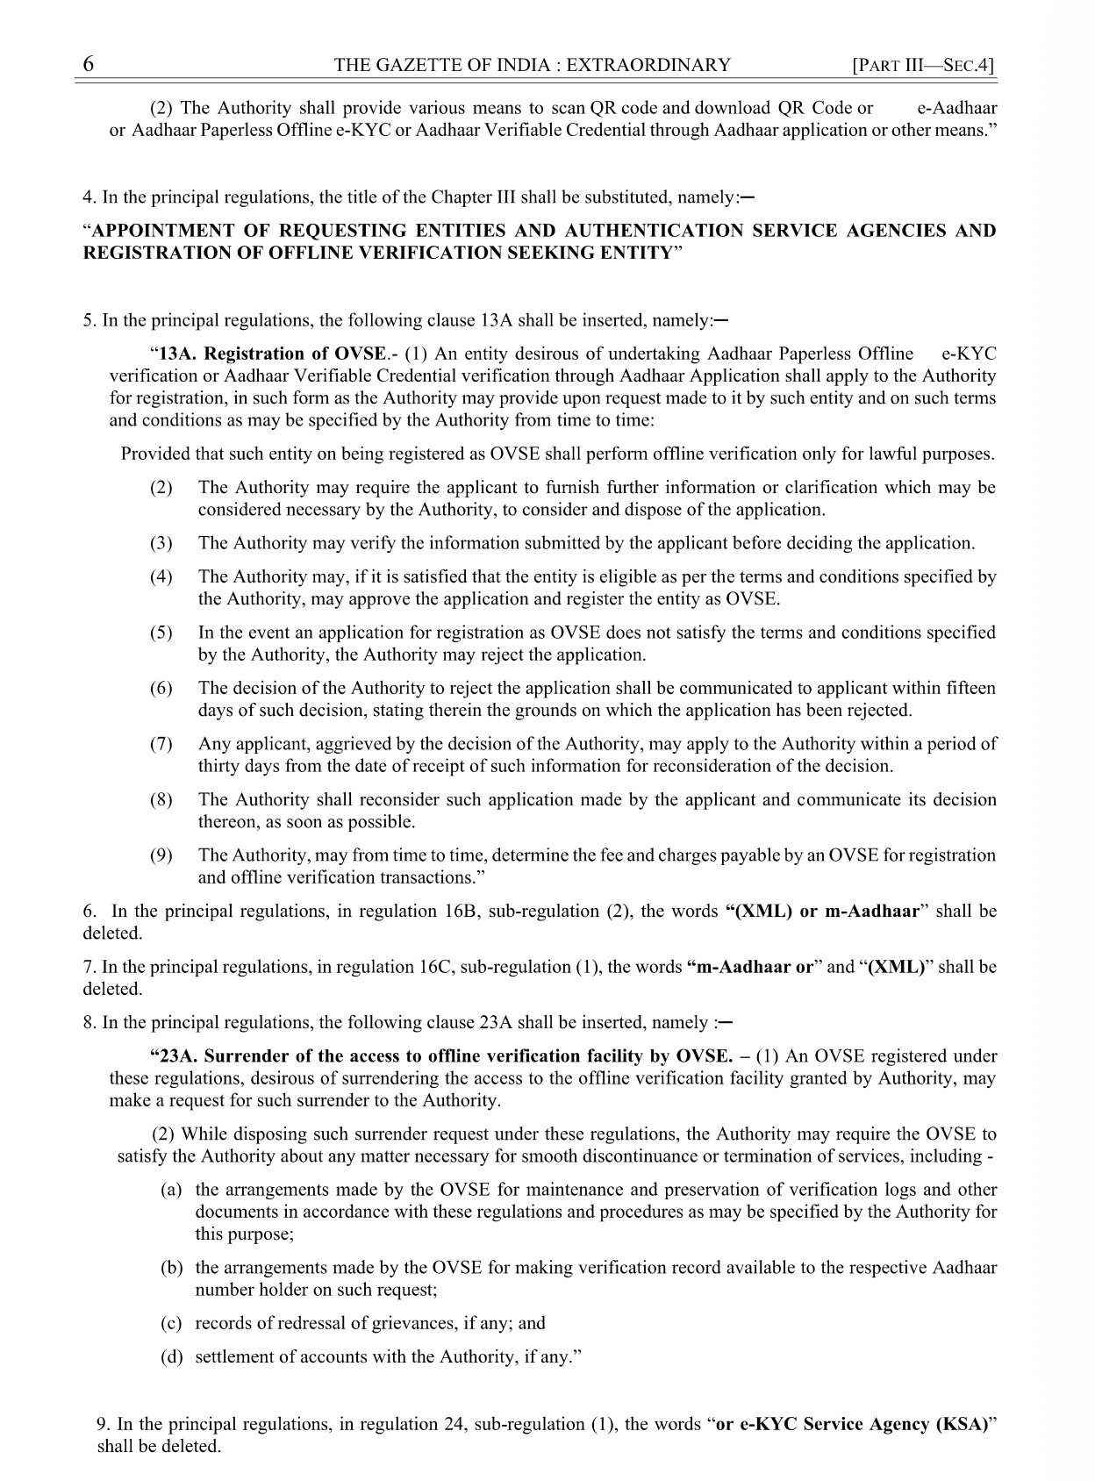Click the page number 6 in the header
pyautogui.click(x=89, y=65)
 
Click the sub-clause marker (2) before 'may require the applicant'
pyautogui.click(x=161, y=488)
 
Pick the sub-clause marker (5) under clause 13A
pyautogui.click(x=161, y=633)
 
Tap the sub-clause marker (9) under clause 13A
pyautogui.click(x=161, y=855)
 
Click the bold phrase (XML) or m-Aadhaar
pyautogui.click(x=823, y=911)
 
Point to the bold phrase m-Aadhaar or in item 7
pyautogui.click(x=750, y=967)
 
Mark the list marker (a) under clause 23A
pyautogui.click(x=171, y=1191)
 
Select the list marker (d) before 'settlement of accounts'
pyautogui.click(x=171, y=1357)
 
